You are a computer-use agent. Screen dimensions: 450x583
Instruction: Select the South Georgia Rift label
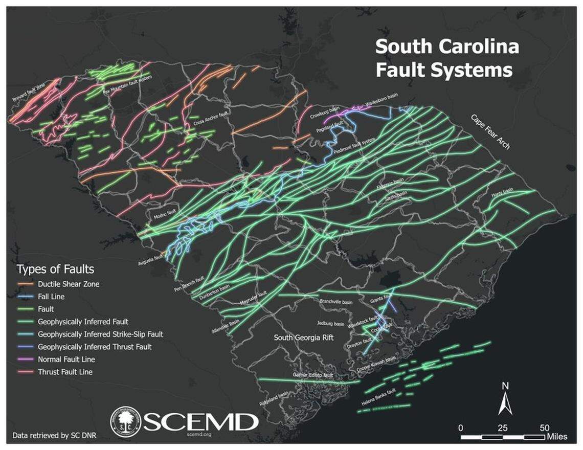(303, 337)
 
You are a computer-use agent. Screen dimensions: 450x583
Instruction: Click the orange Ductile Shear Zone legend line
(26, 284)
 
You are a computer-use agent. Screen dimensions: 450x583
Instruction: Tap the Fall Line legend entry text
(51, 297)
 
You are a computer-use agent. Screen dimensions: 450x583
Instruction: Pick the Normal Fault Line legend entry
(66, 359)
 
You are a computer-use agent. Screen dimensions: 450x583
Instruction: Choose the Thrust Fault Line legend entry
(65, 372)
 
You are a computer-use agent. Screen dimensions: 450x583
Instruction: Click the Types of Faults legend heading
(55, 269)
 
